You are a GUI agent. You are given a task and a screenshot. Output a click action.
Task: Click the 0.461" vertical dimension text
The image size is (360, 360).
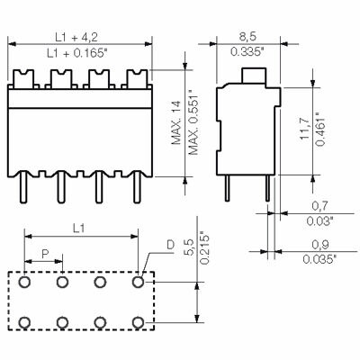[321, 126]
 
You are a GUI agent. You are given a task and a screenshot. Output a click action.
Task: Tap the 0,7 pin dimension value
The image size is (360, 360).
[320, 204]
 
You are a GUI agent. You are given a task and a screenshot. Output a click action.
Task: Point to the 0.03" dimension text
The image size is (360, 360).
[320, 220]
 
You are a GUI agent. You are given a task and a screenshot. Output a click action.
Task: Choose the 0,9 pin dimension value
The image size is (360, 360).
[320, 244]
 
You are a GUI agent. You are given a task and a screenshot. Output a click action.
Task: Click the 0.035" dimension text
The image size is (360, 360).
[320, 259]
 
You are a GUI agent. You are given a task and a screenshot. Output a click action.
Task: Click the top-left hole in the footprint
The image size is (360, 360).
[25, 283]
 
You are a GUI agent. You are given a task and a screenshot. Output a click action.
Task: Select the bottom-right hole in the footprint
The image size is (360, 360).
[138, 321]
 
